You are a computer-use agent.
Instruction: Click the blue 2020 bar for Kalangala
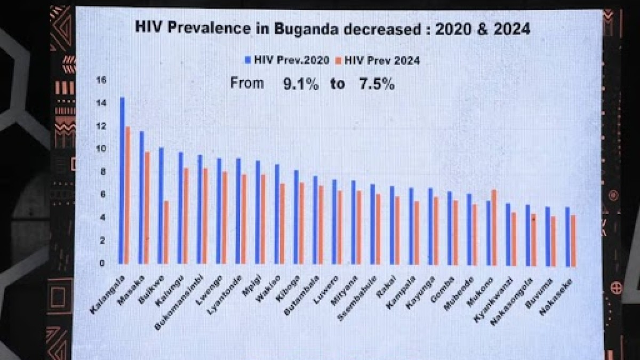pyautogui.click(x=122, y=181)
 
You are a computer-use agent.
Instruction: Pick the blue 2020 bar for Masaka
pyautogui.click(x=141, y=197)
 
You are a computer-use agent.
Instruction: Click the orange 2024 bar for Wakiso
pyautogui.click(x=282, y=225)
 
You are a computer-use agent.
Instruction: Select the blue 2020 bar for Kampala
pyautogui.click(x=411, y=226)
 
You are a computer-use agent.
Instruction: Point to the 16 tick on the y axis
pyautogui.click(x=101, y=80)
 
